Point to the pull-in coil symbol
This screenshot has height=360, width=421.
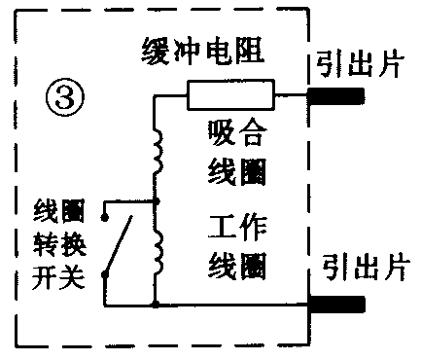pyautogui.click(x=156, y=152)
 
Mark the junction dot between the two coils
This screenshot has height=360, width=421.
pyautogui.click(x=156, y=202)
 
